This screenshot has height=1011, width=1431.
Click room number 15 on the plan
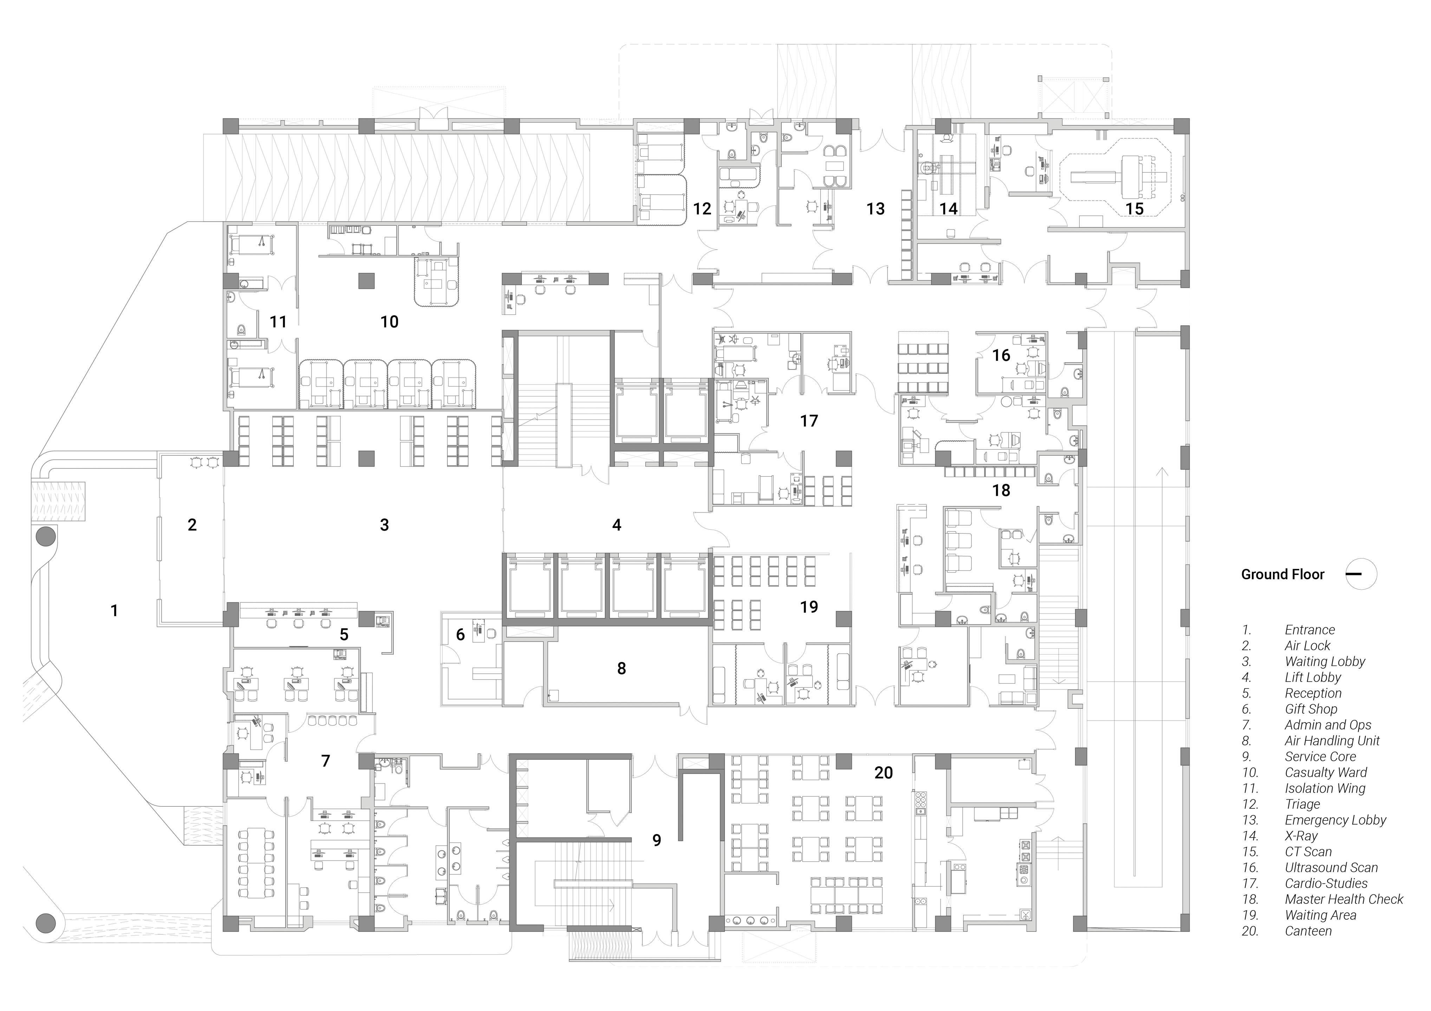[x=1134, y=209]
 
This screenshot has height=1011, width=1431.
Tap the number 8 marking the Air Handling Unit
[x=622, y=668]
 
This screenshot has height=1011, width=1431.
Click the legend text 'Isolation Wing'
[x=1325, y=789]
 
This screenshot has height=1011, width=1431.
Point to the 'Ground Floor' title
[x=1283, y=574]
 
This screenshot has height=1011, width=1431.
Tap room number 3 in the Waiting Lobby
[x=385, y=525]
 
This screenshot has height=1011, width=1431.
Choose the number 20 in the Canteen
[x=884, y=773]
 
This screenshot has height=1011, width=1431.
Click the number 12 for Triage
[x=702, y=209]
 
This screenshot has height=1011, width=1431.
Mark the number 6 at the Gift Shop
[x=461, y=635]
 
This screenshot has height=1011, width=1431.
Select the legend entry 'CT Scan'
[x=1308, y=852]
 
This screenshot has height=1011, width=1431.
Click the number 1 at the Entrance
[x=114, y=610]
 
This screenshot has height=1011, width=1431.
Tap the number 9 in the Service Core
[x=657, y=840]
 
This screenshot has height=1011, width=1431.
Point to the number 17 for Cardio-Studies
[x=809, y=421]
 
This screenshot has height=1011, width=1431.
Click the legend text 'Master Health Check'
[x=1344, y=899]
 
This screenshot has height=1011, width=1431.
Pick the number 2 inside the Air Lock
[x=192, y=525]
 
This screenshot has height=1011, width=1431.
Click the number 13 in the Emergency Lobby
[x=876, y=209]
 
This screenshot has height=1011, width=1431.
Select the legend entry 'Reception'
[x=1313, y=693]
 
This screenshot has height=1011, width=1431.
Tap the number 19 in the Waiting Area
[x=809, y=607]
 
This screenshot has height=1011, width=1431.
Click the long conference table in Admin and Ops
[x=256, y=863]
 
